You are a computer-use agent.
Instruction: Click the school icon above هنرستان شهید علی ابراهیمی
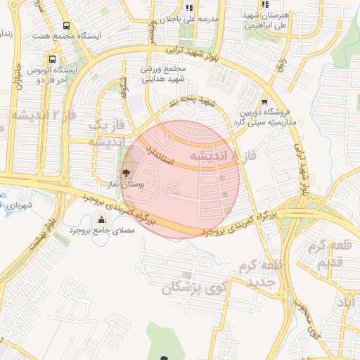[265, 6]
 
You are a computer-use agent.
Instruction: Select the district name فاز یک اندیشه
[105, 133]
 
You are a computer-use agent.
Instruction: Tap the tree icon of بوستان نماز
[126, 172]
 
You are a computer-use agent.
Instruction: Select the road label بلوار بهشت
[40, 237]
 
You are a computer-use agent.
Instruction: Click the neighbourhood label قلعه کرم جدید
[260, 274]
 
